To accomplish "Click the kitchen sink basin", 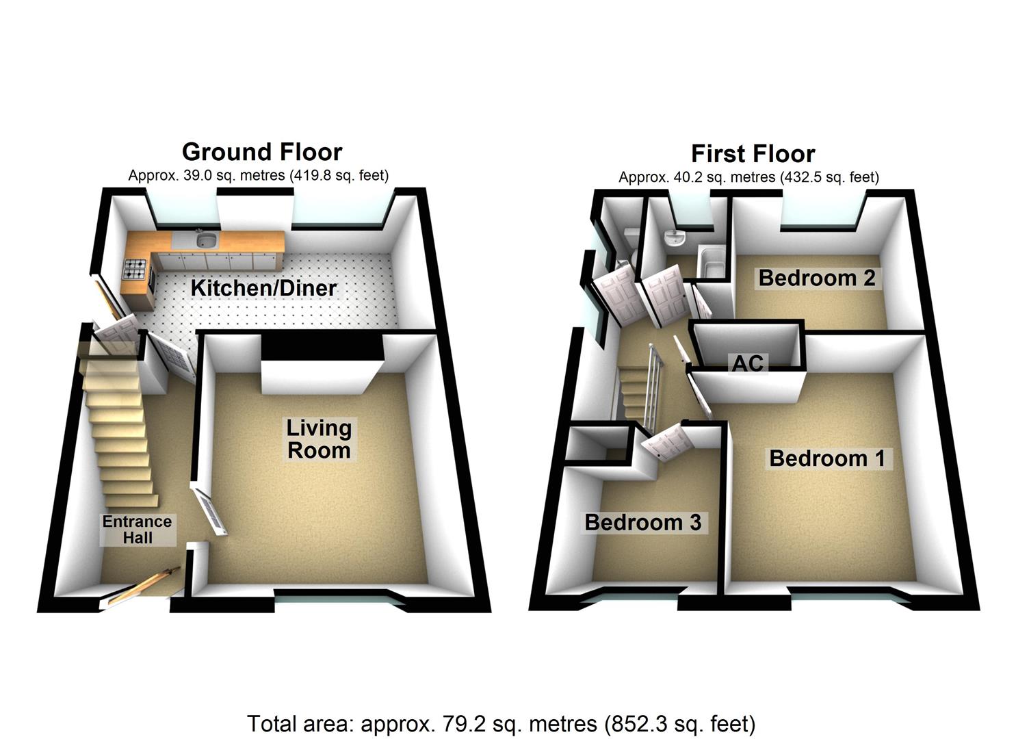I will pyautogui.click(x=206, y=240).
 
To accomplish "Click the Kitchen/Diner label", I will pyautogui.click(x=263, y=288).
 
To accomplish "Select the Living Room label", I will pyautogui.click(x=319, y=439).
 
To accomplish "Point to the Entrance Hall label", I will pyautogui.click(x=137, y=530).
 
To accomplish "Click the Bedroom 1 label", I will pyautogui.click(x=827, y=458).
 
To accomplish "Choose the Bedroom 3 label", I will pyautogui.click(x=642, y=523).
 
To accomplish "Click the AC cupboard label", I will pyautogui.click(x=748, y=363).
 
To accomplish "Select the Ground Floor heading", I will pyautogui.click(x=262, y=151).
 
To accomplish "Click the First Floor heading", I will pyautogui.click(x=753, y=153).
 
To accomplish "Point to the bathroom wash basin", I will pyautogui.click(x=675, y=238).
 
